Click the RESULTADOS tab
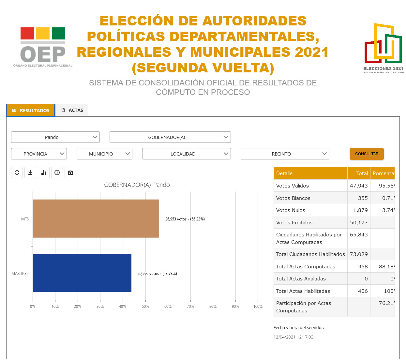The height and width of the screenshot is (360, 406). [31, 110]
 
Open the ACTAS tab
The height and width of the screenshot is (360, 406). [72, 110]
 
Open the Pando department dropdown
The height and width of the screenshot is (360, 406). [55, 137]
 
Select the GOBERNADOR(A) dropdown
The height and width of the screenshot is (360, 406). [170, 137]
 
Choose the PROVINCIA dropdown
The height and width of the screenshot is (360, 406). [39, 154]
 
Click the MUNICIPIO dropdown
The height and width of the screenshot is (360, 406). [104, 154]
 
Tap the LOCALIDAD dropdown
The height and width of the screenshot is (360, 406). [186, 154]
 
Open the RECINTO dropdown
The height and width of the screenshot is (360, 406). [285, 154]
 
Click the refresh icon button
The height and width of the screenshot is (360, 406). [17, 172]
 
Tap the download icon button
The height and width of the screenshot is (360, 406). [30, 172]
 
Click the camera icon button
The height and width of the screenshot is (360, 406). [70, 172]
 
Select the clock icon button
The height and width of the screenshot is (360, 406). [57, 172]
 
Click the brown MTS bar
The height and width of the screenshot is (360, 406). [96, 218]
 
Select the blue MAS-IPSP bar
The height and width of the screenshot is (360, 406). [82, 273]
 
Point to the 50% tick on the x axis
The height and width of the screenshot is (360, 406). [145, 306]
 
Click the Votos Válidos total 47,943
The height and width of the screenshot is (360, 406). [359, 186]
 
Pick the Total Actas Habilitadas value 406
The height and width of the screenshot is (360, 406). [363, 291]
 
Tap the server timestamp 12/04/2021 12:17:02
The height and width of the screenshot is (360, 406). [293, 337]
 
